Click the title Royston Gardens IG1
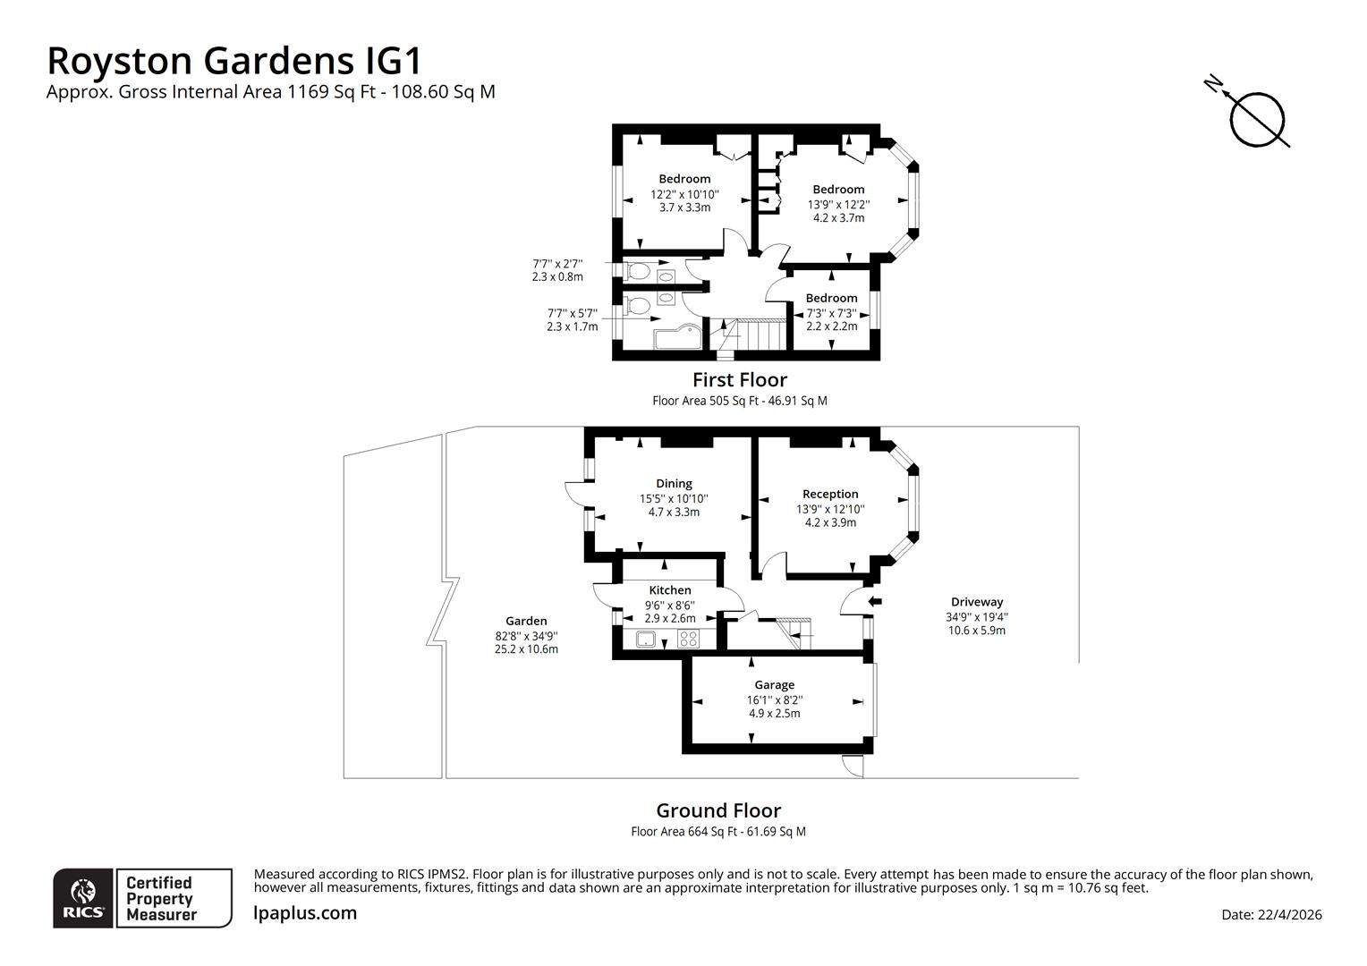click(233, 61)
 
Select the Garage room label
click(774, 685)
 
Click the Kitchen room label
click(669, 590)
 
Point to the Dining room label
click(674, 484)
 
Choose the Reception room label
click(830, 494)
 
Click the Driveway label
click(976, 602)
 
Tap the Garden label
click(526, 621)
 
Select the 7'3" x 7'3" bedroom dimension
click(831, 313)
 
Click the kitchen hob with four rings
click(688, 639)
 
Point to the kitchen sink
click(646, 639)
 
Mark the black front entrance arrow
click(875, 601)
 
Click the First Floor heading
click(739, 379)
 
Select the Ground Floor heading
click(718, 810)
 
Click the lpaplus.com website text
click(305, 913)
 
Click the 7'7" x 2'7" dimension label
click(557, 264)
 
